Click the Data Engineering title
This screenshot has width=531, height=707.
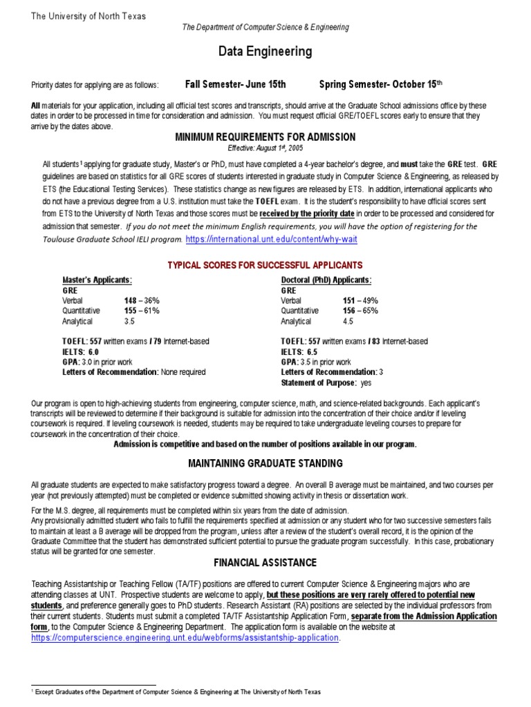(265, 52)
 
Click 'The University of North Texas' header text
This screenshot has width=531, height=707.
(88, 17)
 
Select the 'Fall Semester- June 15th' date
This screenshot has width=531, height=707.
(235, 84)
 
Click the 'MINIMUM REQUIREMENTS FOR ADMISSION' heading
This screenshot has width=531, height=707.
(265, 137)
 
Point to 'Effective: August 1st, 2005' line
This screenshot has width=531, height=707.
(265, 148)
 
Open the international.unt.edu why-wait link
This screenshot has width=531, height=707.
(272, 239)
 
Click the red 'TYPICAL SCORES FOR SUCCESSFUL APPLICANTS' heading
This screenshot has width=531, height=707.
(265, 266)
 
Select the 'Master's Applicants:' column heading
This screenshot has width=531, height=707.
(97, 280)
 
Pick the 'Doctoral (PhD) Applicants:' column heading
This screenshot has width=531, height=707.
(326, 280)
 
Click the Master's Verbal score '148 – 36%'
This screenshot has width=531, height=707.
(142, 300)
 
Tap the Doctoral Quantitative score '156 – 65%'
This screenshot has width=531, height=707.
(360, 311)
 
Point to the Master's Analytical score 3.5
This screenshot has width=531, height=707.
(129, 321)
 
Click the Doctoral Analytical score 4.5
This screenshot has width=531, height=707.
(348, 321)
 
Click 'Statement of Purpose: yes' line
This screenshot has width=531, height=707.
(326, 382)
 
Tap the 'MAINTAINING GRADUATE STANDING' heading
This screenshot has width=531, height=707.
(265, 463)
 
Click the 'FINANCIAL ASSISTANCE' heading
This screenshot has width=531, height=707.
(265, 563)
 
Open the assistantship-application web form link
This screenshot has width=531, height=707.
(185, 637)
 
